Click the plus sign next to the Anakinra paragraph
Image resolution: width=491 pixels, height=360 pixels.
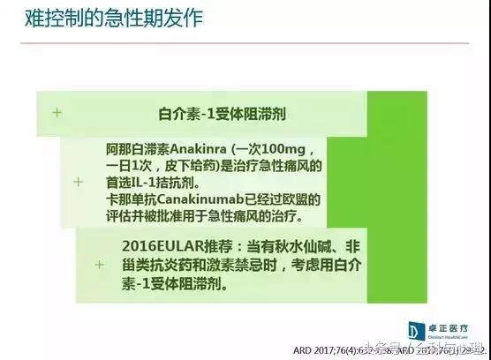[79, 181]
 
